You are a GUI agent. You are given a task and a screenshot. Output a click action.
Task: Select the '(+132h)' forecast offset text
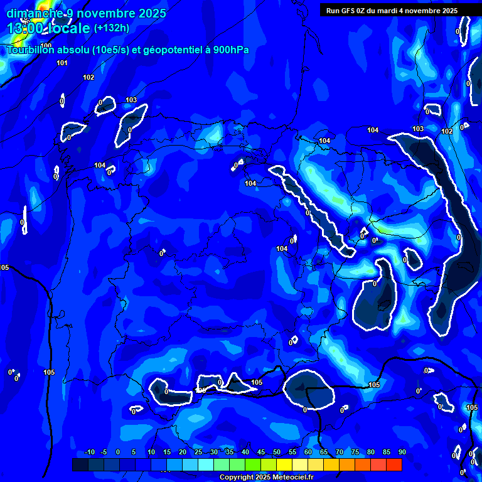pos(111,28)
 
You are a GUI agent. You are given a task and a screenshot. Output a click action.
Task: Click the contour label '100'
pos(46,63)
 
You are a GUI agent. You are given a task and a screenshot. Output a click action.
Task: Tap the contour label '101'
pos(62,63)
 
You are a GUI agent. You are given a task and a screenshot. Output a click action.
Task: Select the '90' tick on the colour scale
pos(402,453)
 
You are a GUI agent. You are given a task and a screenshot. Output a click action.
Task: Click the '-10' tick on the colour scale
pos(89,453)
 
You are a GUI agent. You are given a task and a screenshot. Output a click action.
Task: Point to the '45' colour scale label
pos(260,453)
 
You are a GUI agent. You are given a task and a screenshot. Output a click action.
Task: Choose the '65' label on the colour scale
pos(323,453)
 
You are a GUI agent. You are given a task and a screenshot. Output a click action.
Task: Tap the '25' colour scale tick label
pos(198,453)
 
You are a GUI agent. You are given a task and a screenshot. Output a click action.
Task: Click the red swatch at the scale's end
pos(394,464)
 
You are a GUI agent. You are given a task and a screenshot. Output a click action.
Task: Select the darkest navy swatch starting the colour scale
pos(80,464)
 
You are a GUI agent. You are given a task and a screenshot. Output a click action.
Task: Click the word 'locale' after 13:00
pos(68,28)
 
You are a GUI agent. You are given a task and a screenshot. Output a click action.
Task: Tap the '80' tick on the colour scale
pos(370,453)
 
